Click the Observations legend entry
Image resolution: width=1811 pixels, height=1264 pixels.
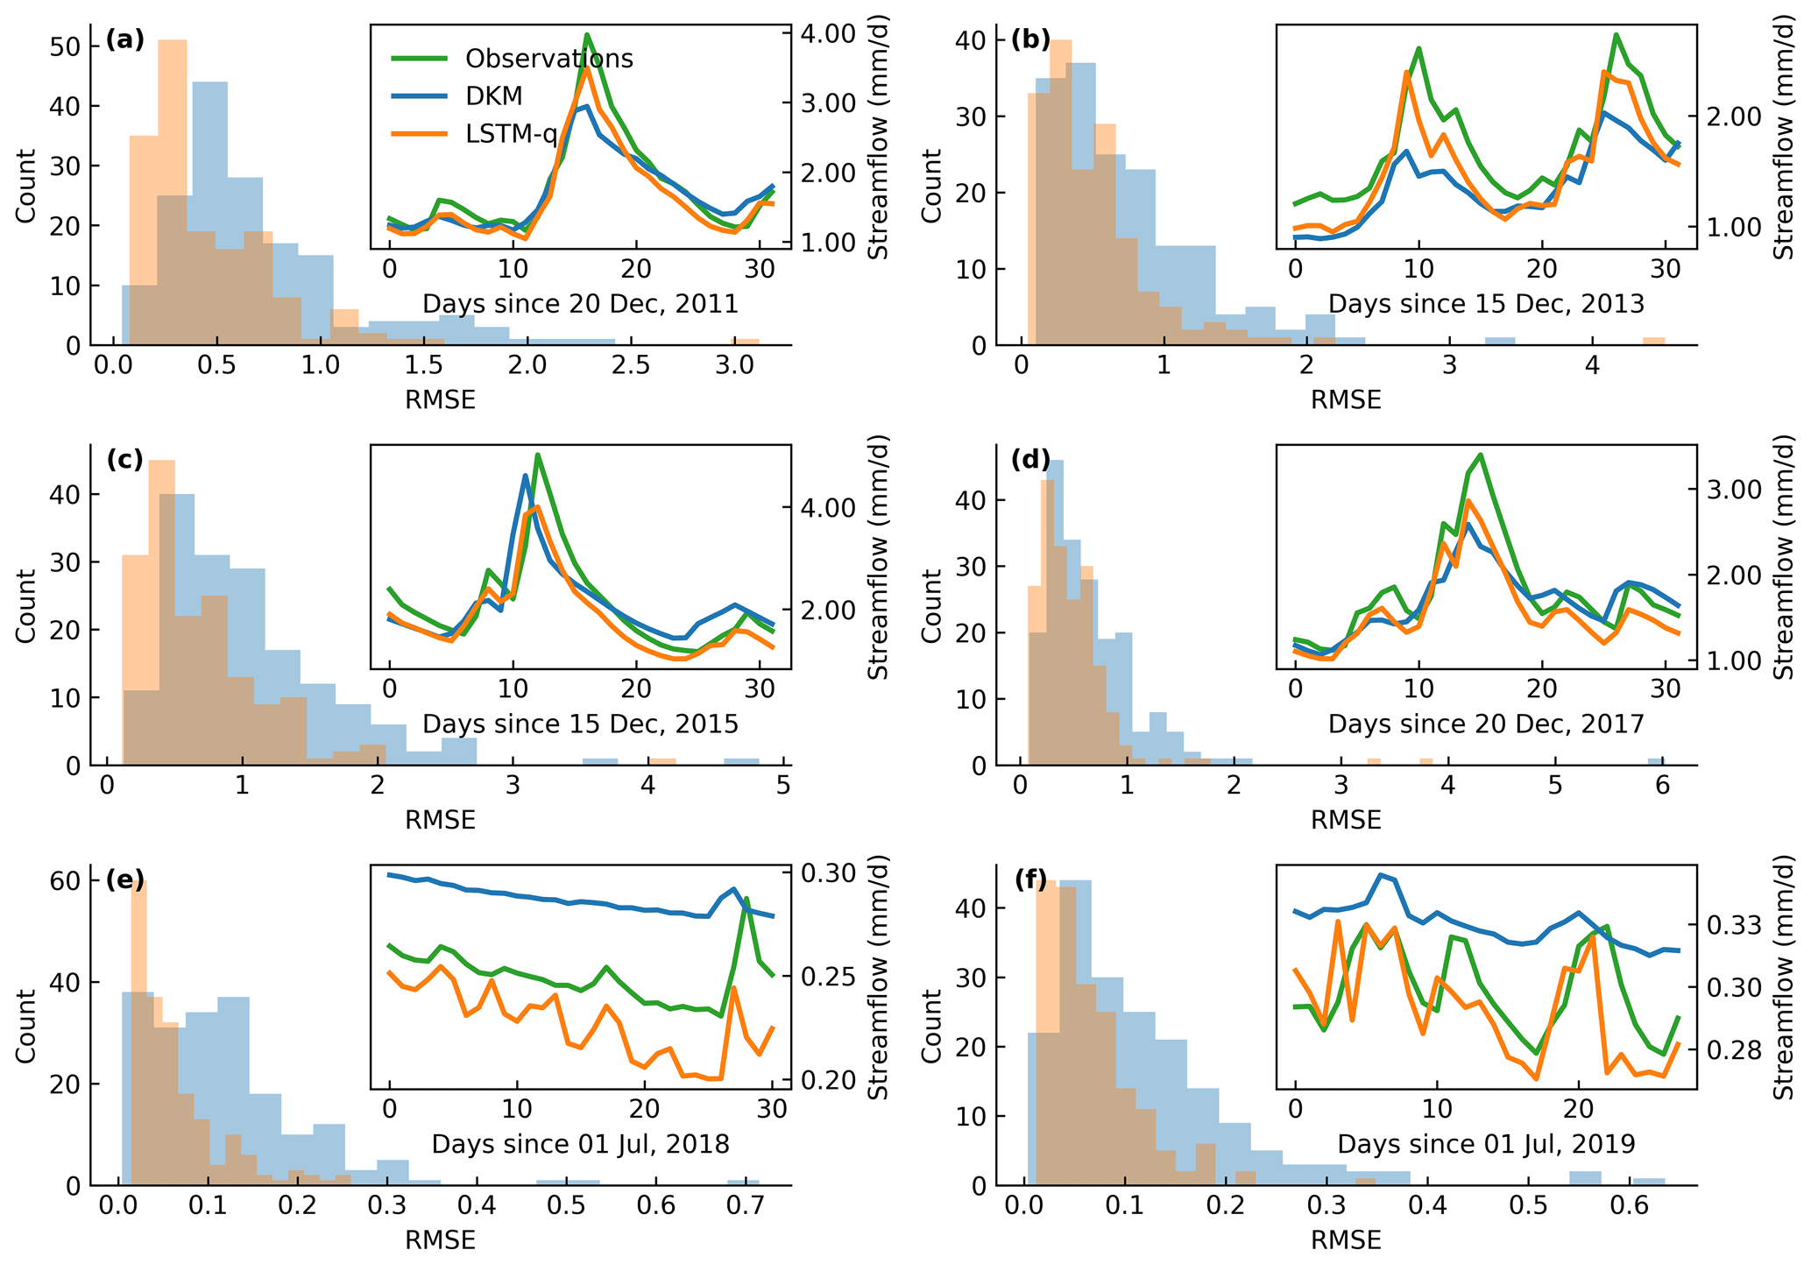click(548, 59)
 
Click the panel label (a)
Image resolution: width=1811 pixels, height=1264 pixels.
click(124, 39)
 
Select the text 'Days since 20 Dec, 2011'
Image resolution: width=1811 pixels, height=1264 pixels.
click(580, 304)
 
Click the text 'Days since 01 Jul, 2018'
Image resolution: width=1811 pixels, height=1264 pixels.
click(580, 1144)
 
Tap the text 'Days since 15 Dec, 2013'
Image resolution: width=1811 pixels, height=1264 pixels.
click(1486, 304)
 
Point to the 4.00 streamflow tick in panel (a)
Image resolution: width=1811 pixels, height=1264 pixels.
click(828, 33)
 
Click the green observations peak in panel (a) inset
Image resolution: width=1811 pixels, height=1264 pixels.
click(586, 35)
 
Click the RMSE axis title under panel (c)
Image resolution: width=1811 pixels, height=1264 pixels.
click(440, 821)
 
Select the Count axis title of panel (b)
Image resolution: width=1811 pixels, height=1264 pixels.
click(931, 186)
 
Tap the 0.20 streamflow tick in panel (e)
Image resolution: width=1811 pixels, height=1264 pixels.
click(828, 1080)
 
